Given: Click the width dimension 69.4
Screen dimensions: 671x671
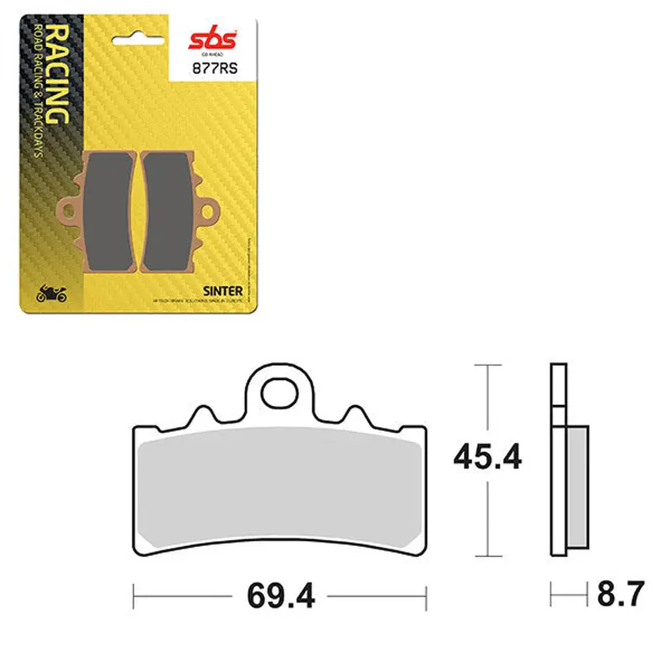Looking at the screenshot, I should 279,597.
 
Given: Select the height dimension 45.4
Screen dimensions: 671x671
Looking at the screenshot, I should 487,458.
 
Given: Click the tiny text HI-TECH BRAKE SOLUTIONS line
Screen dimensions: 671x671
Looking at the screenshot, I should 196,301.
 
